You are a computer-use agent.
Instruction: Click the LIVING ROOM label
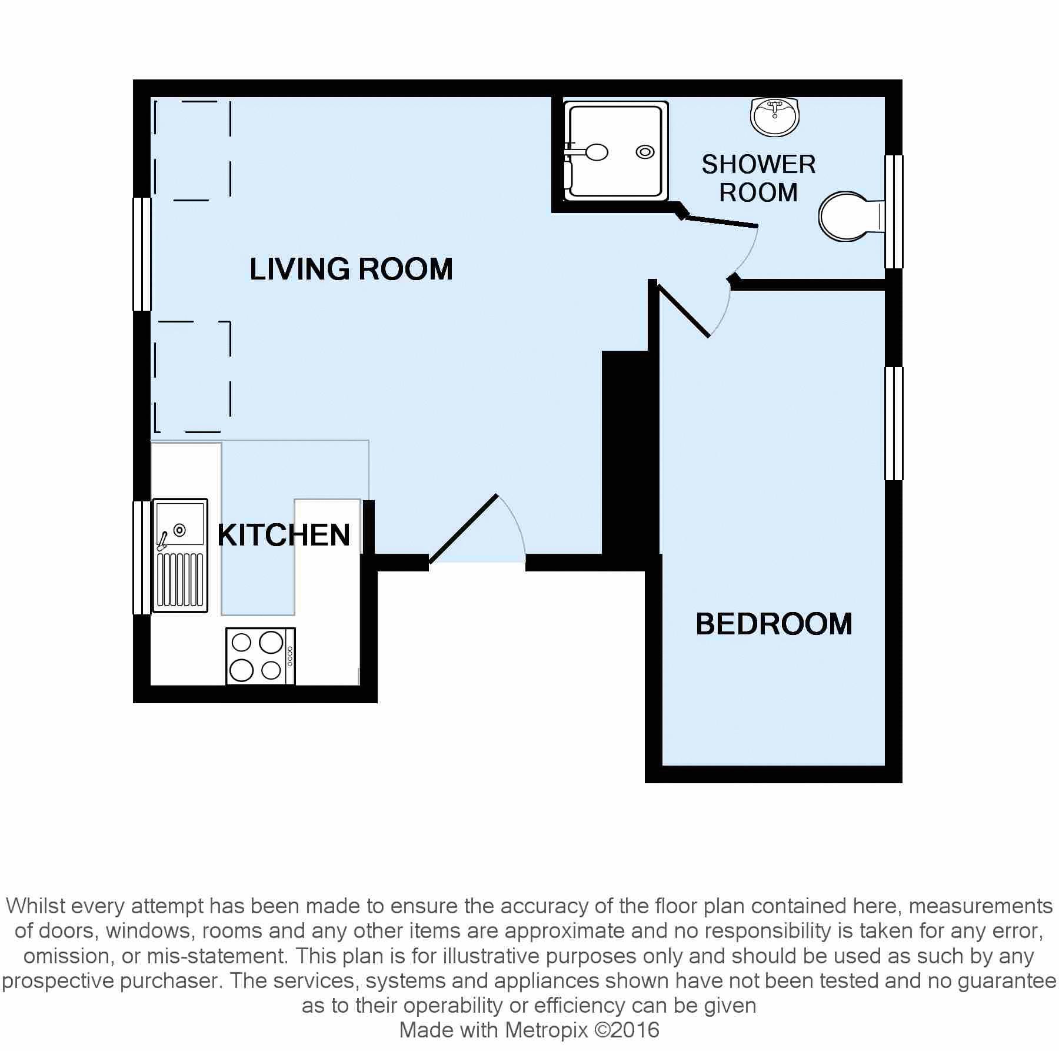(351, 269)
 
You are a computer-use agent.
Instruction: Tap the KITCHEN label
(284, 535)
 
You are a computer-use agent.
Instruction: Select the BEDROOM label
(774, 624)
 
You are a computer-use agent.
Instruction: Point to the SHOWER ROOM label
(758, 178)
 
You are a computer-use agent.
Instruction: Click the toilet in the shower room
(851, 216)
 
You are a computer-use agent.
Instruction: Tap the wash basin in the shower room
(775, 117)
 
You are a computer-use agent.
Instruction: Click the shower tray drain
(645, 152)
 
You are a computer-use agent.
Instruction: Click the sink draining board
(180, 580)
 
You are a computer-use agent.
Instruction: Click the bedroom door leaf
(684, 311)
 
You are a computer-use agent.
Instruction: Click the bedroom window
(894, 424)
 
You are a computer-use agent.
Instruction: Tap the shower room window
(894, 212)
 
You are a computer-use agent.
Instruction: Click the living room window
(142, 254)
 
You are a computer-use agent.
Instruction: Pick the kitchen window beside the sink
(142, 557)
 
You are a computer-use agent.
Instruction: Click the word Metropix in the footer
(546, 1030)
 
